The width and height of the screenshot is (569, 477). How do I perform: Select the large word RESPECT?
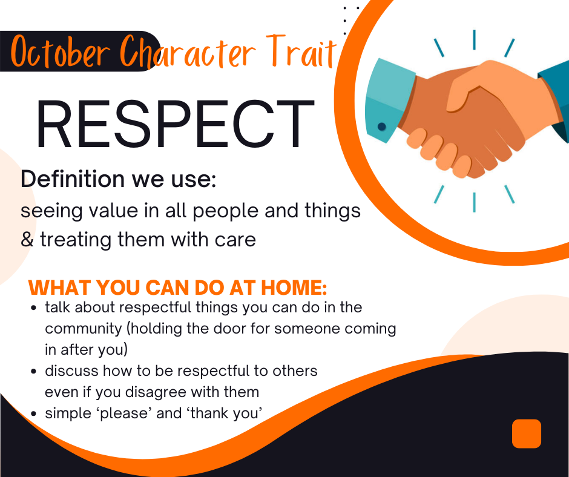tap(174, 125)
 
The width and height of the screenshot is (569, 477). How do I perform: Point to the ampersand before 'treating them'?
tap(27, 240)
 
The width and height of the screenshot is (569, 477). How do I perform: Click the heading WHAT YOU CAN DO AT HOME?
tap(178, 286)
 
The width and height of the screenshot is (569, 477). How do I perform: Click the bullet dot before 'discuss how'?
tap(35, 371)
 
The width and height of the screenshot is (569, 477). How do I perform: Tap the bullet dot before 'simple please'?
tap(35, 414)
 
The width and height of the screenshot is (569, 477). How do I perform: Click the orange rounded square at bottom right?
tap(526, 433)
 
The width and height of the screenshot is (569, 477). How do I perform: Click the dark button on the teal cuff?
tap(382, 127)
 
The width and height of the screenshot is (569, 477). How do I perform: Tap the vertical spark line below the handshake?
tap(474, 202)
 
